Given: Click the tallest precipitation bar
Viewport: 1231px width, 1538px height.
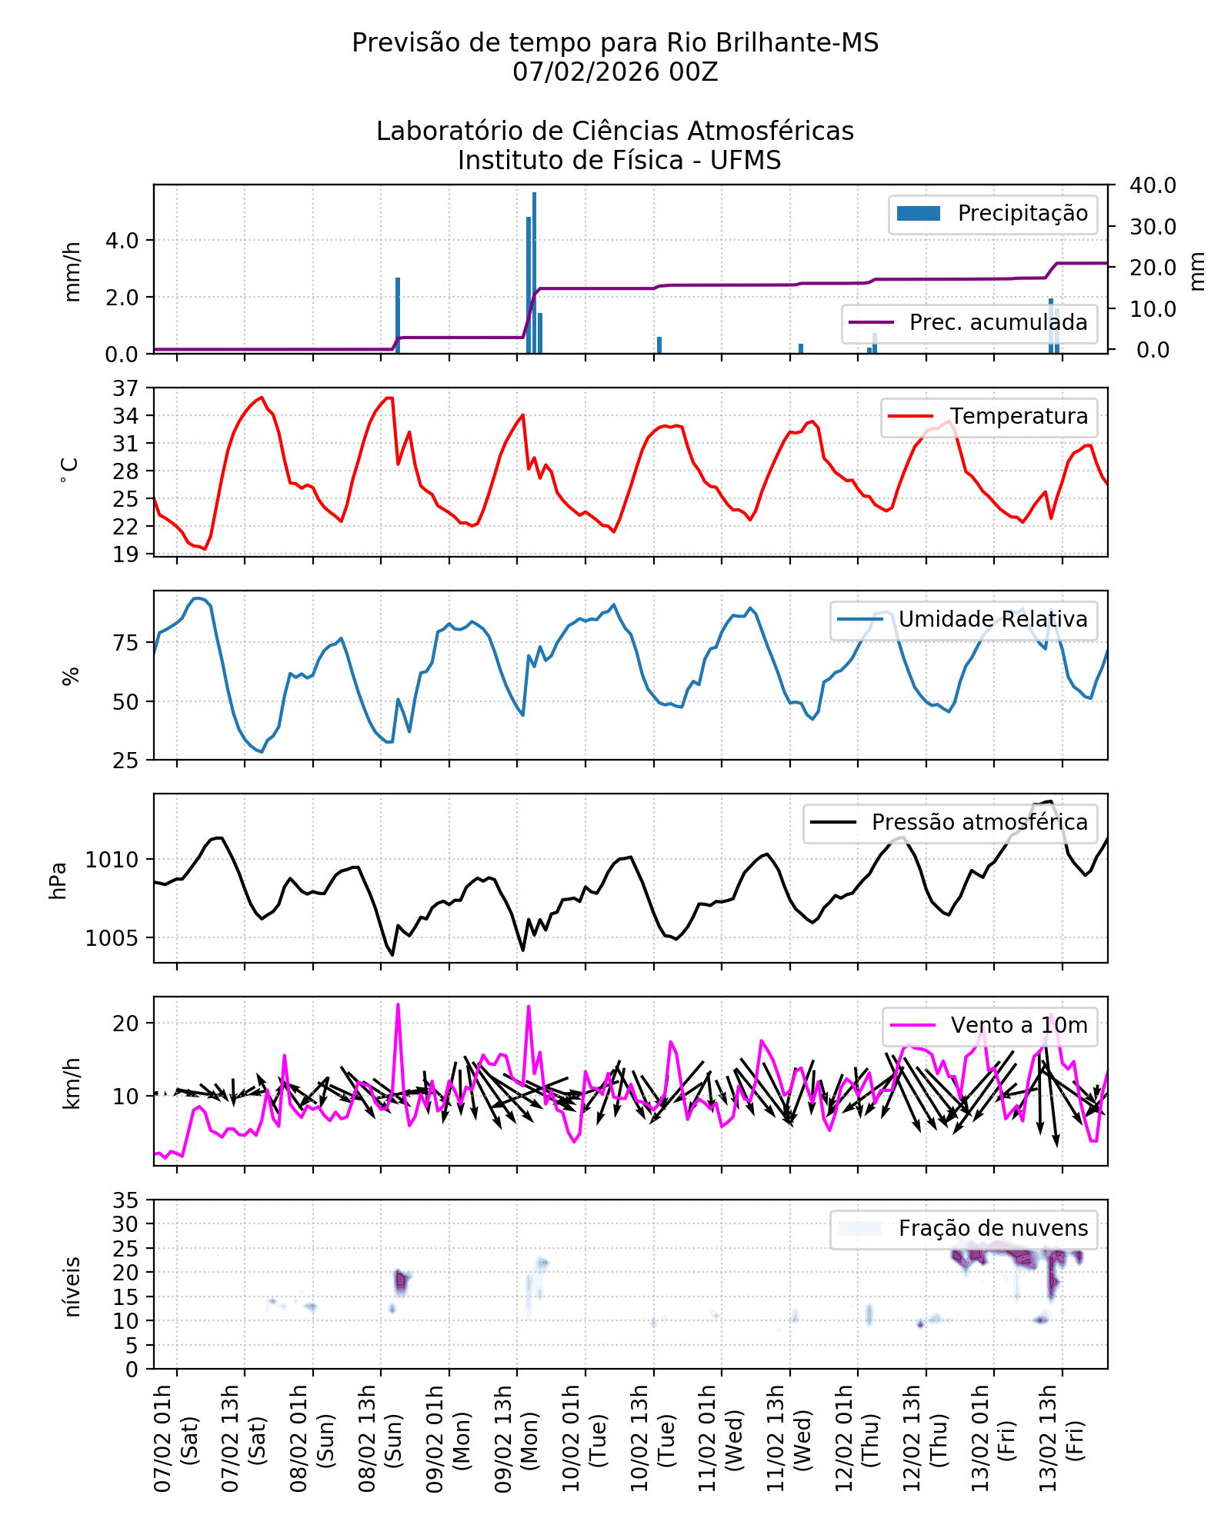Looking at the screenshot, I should coord(534,273).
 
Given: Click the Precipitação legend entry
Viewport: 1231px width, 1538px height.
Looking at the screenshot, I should coord(992,214).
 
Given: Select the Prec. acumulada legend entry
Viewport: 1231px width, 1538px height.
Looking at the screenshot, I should coord(969,322).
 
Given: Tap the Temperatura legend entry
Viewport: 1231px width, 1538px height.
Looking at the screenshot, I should coord(989,416).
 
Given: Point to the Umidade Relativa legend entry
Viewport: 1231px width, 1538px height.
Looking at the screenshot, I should coord(963,619).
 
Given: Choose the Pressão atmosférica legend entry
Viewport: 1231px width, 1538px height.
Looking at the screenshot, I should coord(950,822).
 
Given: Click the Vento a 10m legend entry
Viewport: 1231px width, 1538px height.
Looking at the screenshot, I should coord(989,1025).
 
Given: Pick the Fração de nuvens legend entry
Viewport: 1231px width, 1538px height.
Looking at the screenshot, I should coord(963,1228).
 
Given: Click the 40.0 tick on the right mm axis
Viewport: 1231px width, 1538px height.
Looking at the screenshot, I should coord(1152,185).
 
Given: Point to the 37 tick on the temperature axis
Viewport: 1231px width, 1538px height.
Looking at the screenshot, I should coord(125,388).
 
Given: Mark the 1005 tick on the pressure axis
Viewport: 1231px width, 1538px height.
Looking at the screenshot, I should coord(112,938).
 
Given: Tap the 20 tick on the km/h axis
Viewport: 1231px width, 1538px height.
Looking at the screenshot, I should coord(125,1024).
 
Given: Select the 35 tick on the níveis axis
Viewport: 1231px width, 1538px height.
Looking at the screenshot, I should coord(125,1200).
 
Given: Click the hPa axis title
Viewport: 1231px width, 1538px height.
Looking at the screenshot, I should coord(58,880).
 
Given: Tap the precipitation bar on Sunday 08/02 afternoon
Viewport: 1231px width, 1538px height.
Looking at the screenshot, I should coord(398,315).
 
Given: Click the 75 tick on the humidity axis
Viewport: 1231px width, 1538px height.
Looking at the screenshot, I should coord(125,643).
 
